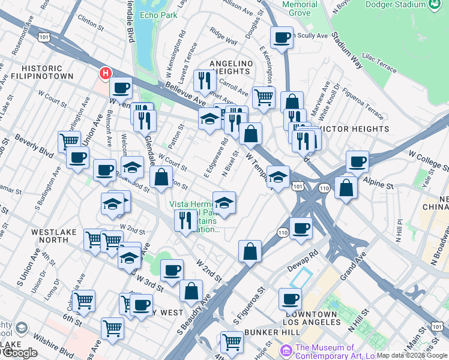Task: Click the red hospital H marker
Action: [106, 74]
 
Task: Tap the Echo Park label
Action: [157, 14]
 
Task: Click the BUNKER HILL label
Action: [288, 332]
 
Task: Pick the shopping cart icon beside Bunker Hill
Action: [232, 342]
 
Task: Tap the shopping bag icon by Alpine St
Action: [346, 187]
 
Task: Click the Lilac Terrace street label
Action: [378, 62]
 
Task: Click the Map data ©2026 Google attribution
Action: [411, 355]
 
